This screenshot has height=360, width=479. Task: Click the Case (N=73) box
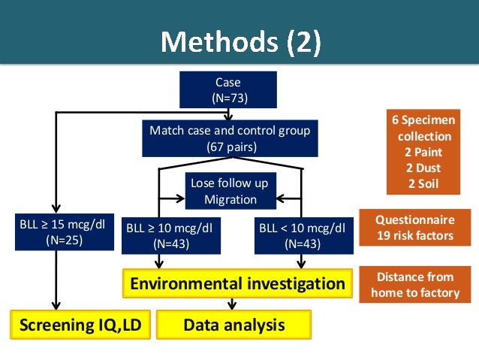tap(228, 89)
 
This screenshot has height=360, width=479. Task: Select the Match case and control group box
tap(230, 139)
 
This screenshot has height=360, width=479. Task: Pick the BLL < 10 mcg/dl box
tap(302, 235)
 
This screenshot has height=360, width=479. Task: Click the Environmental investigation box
tap(237, 284)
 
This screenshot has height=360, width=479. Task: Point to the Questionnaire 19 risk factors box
tap(415, 228)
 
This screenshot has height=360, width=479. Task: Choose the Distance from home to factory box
tap(415, 285)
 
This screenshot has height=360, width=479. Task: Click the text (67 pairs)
tap(230, 147)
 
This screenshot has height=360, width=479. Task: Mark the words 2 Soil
tap(422, 183)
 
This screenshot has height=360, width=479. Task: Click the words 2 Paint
tap(422, 153)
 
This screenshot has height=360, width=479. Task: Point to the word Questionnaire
tap(415, 220)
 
